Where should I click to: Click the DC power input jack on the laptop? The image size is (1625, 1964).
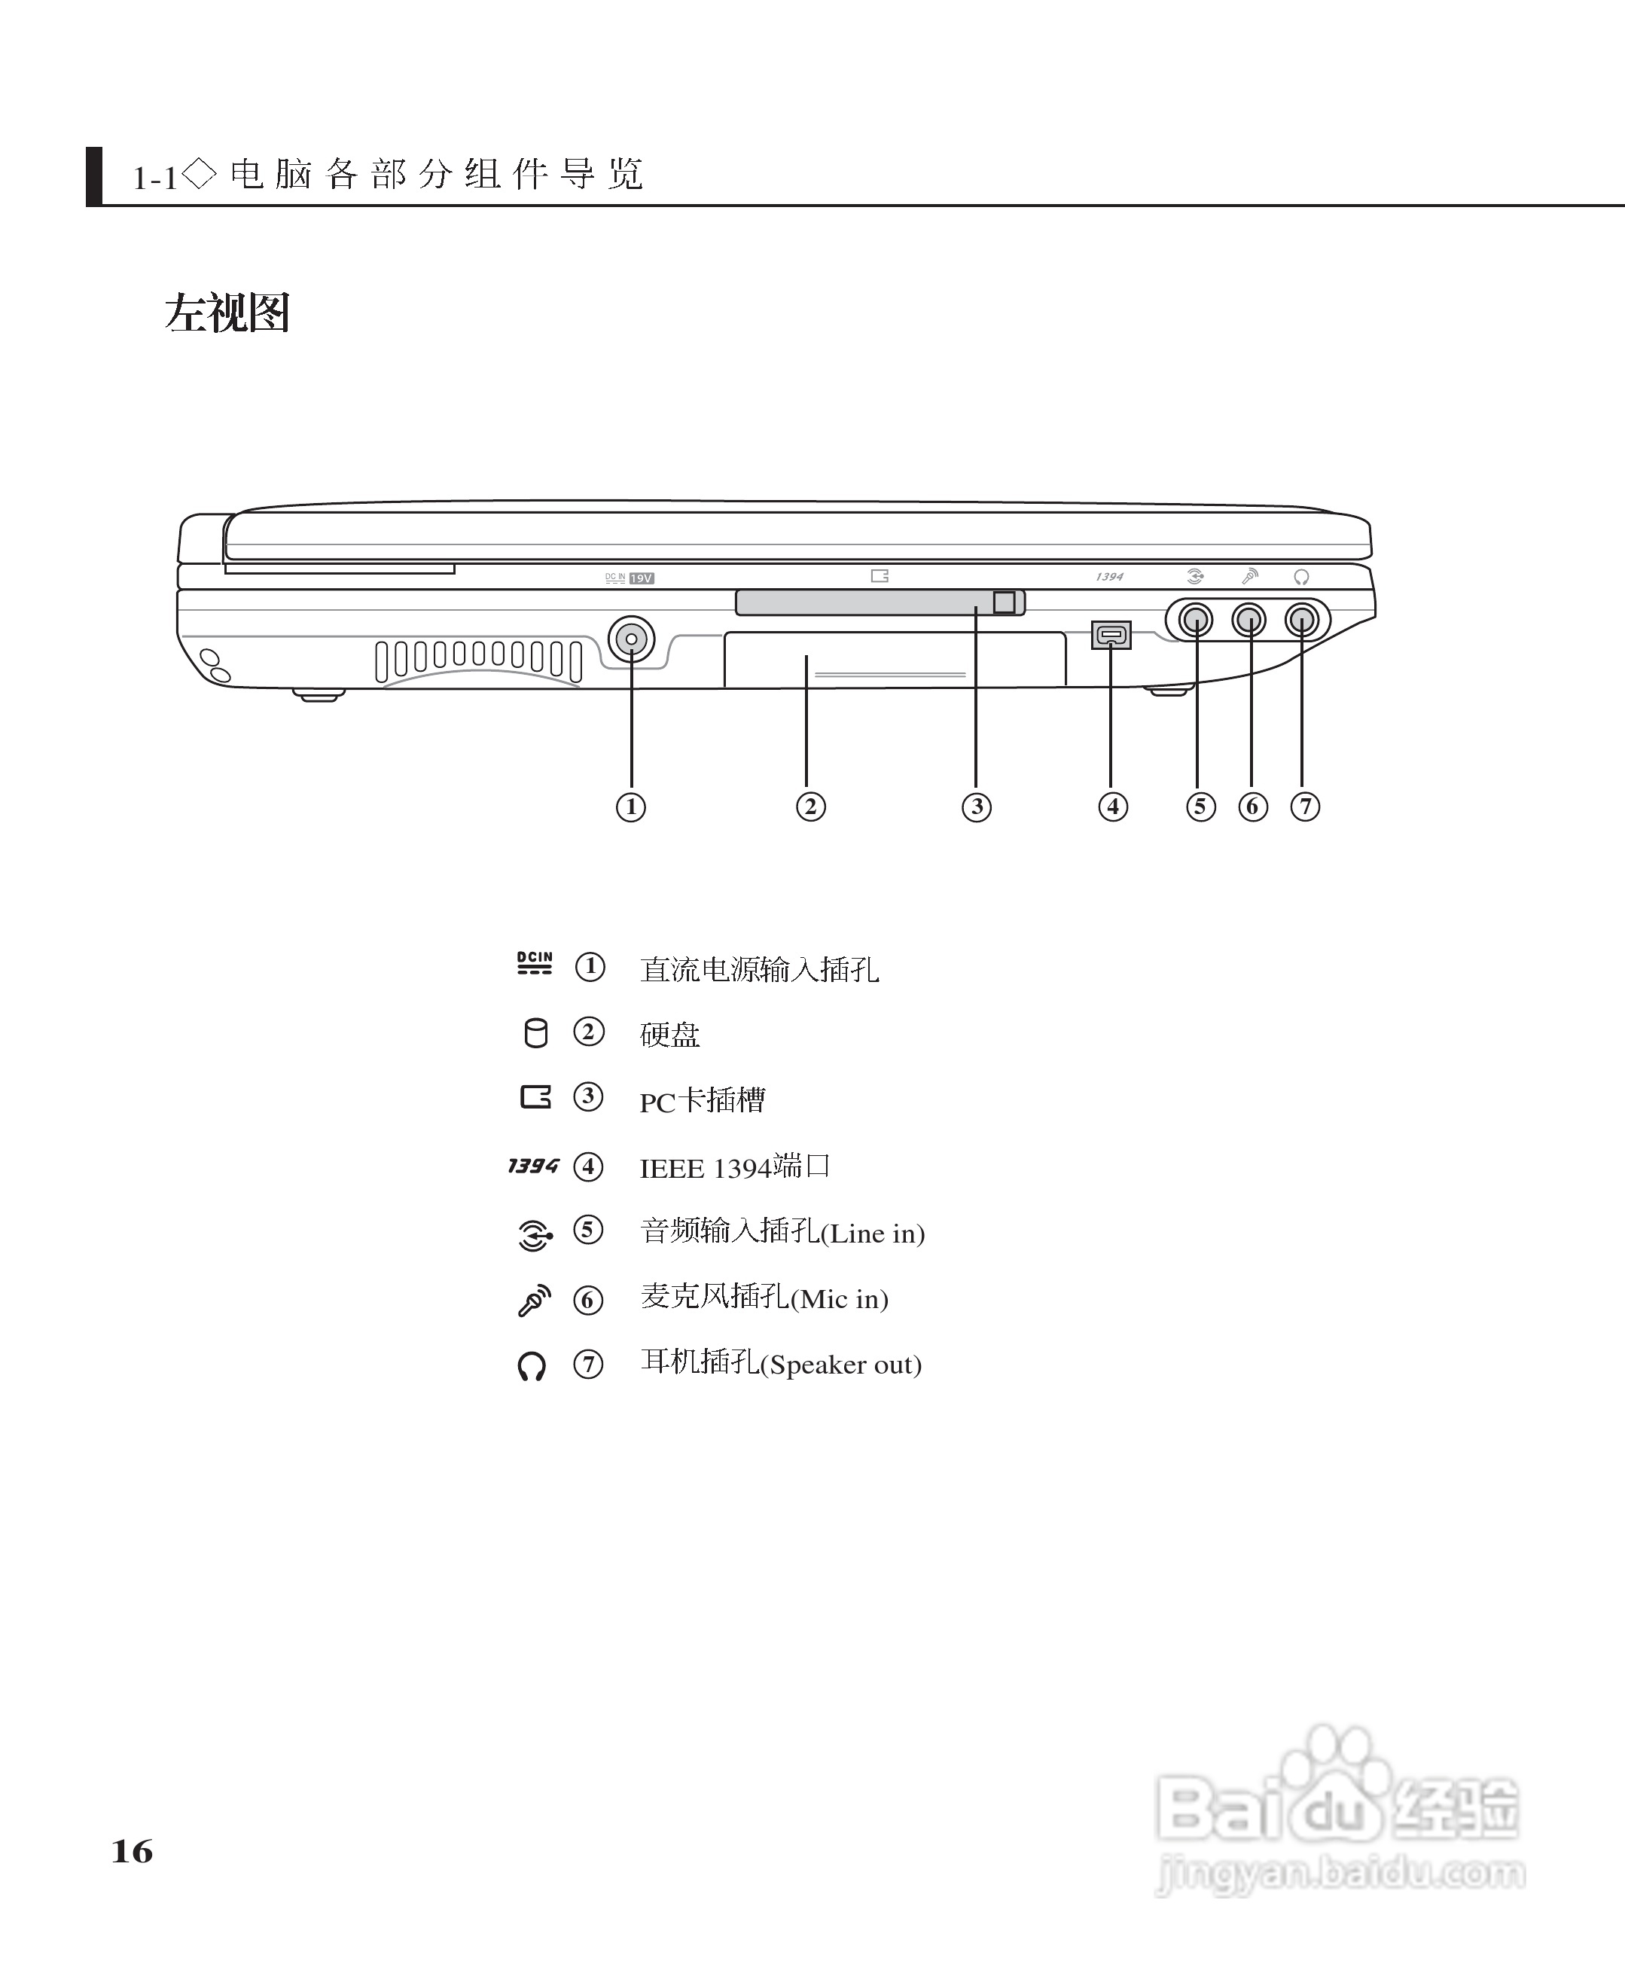click(631, 639)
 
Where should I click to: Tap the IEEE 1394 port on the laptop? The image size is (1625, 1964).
click(1111, 635)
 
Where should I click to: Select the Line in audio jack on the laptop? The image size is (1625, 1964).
click(1195, 620)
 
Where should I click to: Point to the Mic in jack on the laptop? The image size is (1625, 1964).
click(1249, 620)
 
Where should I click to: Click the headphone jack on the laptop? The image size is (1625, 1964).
click(1301, 620)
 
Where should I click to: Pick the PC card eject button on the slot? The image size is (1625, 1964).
click(1005, 602)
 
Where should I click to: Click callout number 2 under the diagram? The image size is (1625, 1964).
click(811, 807)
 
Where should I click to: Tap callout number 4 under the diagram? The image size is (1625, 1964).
click(1113, 807)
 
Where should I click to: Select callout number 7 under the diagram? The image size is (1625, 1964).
click(1305, 807)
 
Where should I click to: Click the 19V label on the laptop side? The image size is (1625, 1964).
click(642, 578)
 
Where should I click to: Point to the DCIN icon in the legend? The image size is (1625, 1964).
click(535, 963)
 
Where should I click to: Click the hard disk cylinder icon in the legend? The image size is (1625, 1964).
click(535, 1033)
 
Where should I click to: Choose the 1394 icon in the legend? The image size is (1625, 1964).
click(533, 1165)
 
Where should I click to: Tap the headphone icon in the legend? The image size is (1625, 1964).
click(532, 1366)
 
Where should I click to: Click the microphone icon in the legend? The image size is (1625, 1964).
click(534, 1300)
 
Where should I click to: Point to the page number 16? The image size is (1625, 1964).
click(132, 1852)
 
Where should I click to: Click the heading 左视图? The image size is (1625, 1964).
click(227, 313)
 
